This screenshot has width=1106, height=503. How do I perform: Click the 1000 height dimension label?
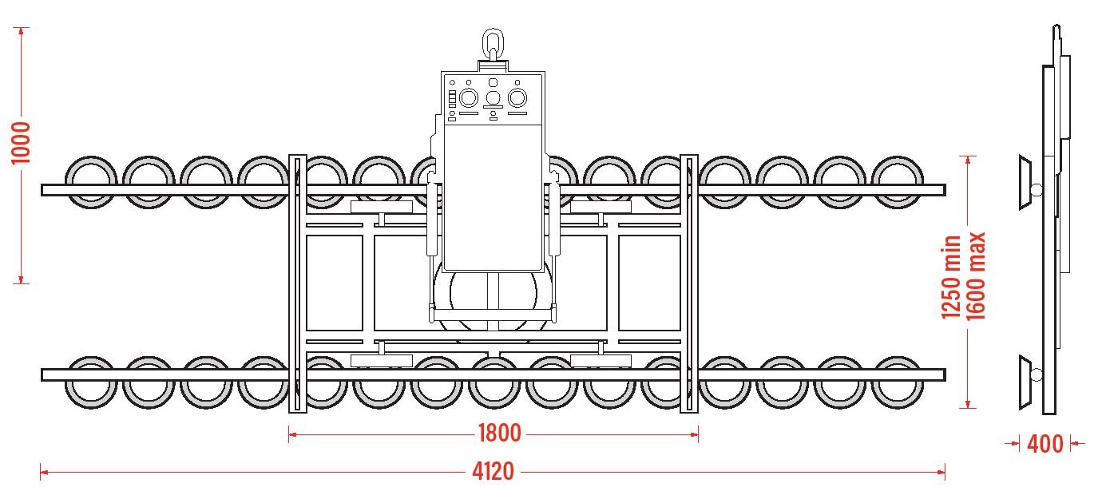click(21, 143)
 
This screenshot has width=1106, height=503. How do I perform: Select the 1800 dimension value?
click(499, 434)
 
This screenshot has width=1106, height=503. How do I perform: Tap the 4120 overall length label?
click(493, 471)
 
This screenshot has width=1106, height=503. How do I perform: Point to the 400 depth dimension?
click(1045, 443)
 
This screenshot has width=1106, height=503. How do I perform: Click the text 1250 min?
click(951, 276)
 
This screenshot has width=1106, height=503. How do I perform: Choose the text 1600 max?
click(976, 276)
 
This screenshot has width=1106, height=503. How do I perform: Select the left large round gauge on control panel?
click(468, 97)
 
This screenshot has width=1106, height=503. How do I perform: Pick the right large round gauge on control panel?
click(517, 97)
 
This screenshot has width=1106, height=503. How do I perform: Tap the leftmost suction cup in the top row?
click(90, 182)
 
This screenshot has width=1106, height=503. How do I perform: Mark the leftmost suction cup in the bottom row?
click(90, 382)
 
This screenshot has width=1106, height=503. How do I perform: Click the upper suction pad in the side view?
click(1025, 184)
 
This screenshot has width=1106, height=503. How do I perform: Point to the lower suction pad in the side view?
click(1025, 373)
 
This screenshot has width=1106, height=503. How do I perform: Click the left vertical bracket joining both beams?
click(297, 283)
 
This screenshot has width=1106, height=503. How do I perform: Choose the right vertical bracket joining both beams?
click(688, 283)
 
